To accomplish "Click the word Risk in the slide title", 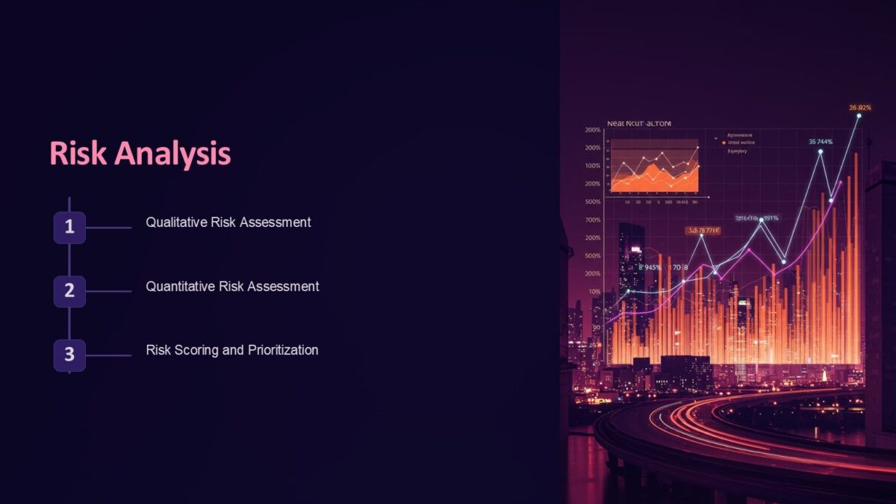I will tap(71, 154).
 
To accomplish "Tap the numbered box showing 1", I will tap(69, 228).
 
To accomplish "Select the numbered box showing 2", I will tap(69, 291).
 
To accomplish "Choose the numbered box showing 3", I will tap(69, 355).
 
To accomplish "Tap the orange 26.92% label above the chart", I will tap(860, 108).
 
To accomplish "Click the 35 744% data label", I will tap(821, 141).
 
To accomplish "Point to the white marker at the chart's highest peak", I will tap(859, 116).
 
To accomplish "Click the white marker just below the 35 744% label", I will tap(820, 152).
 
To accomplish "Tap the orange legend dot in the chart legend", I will tap(723, 142).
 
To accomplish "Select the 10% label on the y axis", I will tap(594, 291).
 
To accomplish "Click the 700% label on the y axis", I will tap(594, 220).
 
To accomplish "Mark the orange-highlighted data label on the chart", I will tap(703, 231).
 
